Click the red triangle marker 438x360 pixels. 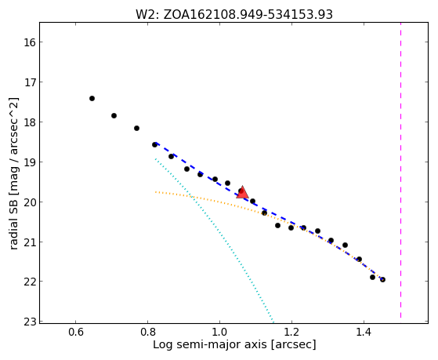(242, 192)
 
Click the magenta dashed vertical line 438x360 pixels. (400, 170)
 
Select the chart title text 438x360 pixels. (234, 14)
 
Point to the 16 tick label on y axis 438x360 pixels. (30, 42)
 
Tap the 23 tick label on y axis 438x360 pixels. (30, 322)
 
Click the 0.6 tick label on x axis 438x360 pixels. (76, 332)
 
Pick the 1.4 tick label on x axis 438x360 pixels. (364, 332)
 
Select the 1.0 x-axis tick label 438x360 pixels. (220, 332)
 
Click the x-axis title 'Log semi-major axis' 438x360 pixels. (210, 344)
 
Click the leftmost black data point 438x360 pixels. (92, 99)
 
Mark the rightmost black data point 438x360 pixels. (382, 279)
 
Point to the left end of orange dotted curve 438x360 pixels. (155, 192)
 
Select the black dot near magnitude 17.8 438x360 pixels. (114, 115)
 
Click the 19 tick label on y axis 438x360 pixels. (30, 162)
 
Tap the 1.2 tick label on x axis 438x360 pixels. (292, 332)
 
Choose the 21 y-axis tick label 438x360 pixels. (30, 242)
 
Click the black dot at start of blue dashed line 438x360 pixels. (155, 144)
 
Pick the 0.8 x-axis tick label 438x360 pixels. (148, 332)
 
